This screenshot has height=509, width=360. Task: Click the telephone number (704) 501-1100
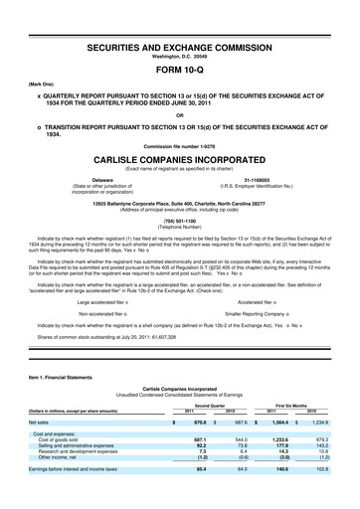click(x=180, y=222)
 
